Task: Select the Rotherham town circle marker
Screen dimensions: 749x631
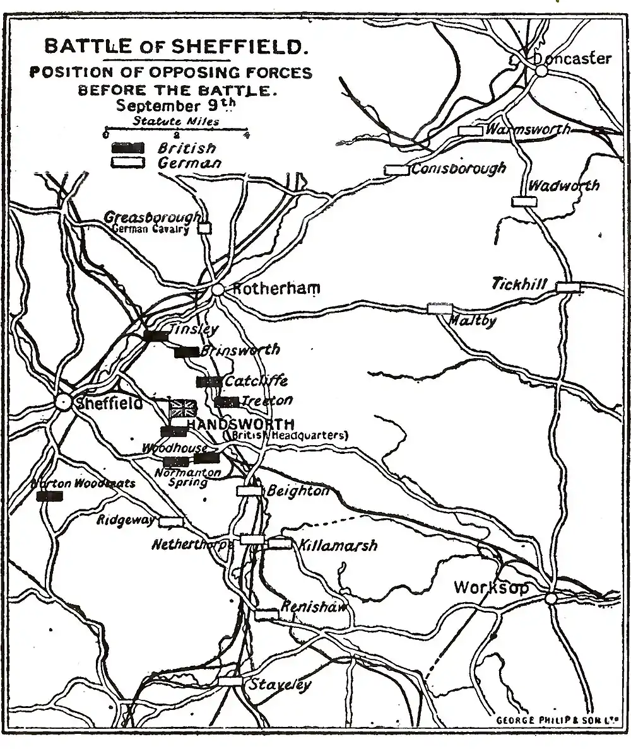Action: (218, 289)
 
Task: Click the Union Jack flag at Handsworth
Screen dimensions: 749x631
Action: (183, 407)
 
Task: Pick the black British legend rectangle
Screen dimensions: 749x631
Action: (128, 148)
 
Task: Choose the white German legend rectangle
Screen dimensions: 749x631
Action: (128, 163)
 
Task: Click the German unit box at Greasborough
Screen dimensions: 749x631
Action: (204, 228)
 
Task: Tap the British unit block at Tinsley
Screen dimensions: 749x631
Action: (155, 335)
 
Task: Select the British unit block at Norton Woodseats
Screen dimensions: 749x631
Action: (49, 496)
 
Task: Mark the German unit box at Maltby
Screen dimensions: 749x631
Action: (440, 308)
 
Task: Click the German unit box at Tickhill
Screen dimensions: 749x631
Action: (568, 287)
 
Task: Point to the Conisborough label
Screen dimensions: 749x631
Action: (458, 169)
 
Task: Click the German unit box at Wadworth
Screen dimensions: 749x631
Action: (524, 201)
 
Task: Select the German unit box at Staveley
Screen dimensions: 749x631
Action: (230, 681)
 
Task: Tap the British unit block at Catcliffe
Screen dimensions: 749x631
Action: (209, 381)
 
